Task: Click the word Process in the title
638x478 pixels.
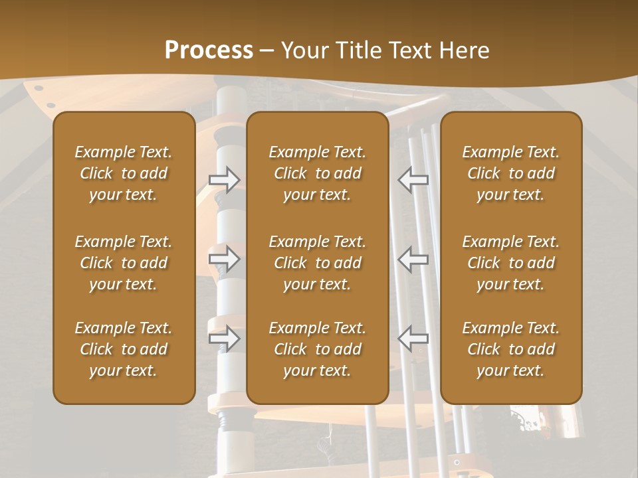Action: click(209, 50)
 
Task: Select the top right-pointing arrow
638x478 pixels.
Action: click(225, 180)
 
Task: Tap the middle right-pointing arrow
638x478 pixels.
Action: click(225, 259)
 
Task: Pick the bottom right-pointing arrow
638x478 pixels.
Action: click(225, 339)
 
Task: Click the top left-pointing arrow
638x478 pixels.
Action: click(413, 180)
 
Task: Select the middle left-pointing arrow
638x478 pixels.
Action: click(413, 259)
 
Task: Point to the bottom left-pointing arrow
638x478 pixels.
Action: click(413, 339)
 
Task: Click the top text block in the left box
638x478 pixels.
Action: click(124, 173)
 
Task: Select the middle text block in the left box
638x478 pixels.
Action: click(124, 263)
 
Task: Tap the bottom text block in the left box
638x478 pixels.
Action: click(124, 349)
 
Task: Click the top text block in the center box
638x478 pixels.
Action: click(317, 173)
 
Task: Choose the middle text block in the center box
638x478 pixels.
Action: click(317, 263)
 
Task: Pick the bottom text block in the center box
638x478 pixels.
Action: click(317, 349)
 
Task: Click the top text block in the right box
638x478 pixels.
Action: click(510, 173)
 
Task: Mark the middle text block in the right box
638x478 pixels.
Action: click(510, 263)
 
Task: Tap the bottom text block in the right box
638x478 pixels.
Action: click(510, 349)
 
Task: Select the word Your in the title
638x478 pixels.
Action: click(305, 50)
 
